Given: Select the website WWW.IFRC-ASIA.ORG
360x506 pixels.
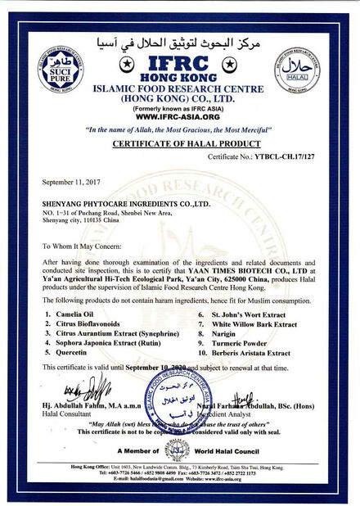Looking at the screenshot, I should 179,116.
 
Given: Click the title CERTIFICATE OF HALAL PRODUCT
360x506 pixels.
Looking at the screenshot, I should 179,143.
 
